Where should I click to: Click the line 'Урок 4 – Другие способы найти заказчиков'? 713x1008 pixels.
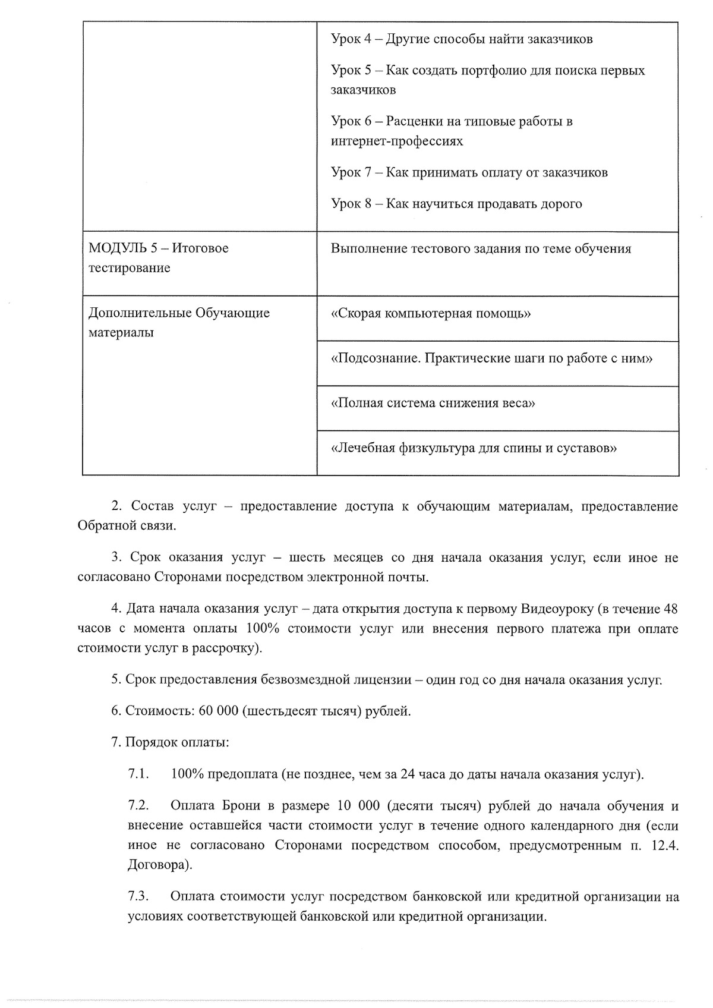(x=461, y=39)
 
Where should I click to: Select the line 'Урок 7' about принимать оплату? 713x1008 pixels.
(x=469, y=172)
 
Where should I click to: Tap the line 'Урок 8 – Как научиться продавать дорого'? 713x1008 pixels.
(x=456, y=204)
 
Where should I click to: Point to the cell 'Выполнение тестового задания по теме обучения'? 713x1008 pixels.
(x=481, y=248)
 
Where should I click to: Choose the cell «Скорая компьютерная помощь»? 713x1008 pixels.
(x=430, y=313)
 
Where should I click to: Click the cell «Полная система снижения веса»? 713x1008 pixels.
(x=433, y=403)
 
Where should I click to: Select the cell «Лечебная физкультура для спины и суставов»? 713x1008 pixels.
(x=474, y=448)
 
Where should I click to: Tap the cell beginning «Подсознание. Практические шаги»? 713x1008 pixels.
(x=491, y=358)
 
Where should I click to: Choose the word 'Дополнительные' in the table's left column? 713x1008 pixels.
(x=140, y=313)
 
